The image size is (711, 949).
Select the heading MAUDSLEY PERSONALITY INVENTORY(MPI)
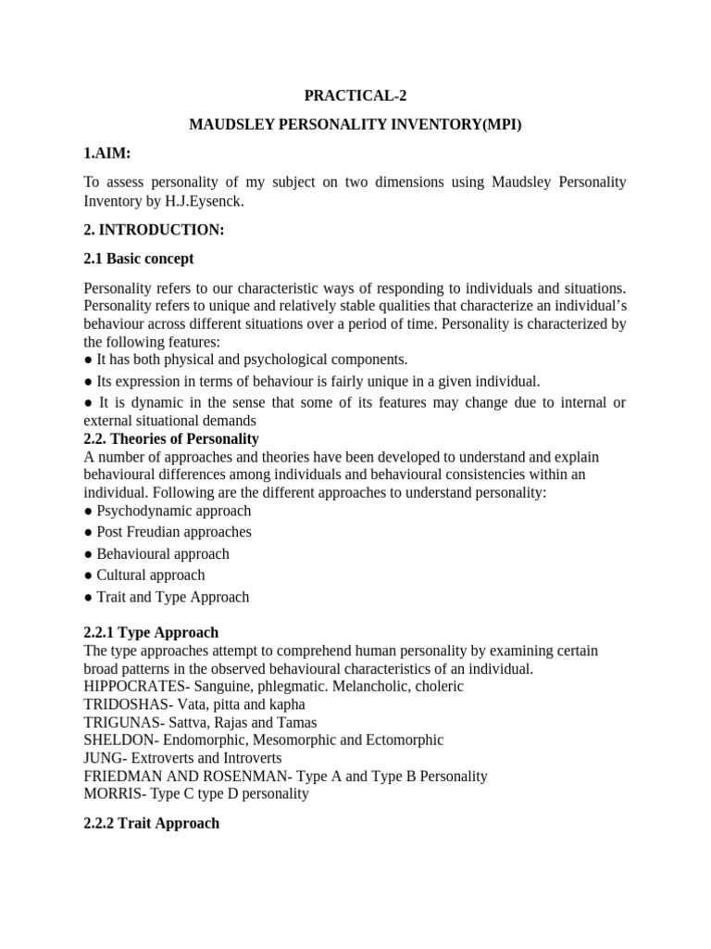pyautogui.click(x=355, y=123)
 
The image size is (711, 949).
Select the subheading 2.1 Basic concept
pyautogui.click(x=138, y=259)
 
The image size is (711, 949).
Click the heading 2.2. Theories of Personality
pyautogui.click(x=171, y=438)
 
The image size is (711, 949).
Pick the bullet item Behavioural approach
pyautogui.click(x=163, y=553)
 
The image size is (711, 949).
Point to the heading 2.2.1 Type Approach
pyautogui.click(x=151, y=632)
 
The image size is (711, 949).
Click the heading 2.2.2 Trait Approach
pyautogui.click(x=151, y=823)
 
